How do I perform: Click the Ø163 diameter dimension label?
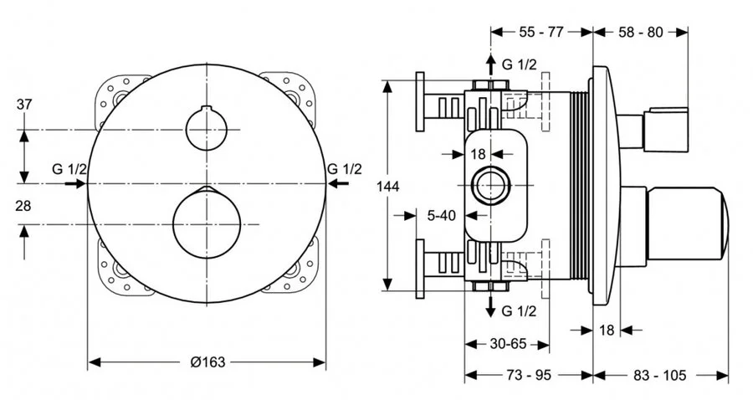pos(207,362)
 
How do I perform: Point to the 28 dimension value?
pos(24,205)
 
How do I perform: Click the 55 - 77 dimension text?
pos(541,32)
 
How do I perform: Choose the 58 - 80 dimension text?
pos(640,32)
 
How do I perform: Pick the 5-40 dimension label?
pos(441,215)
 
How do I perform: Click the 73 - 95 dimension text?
pos(529,376)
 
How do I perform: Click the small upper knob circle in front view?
pos(206,130)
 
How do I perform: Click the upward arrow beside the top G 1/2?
pos(490,65)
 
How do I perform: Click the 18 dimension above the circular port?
pos(478,153)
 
